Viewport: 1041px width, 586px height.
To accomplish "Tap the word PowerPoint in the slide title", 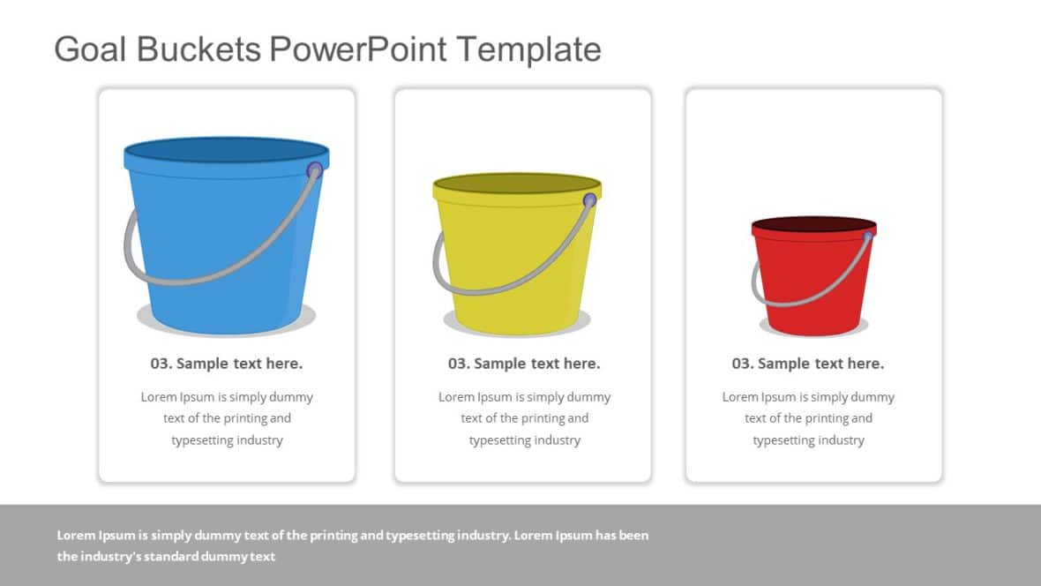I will (x=358, y=49).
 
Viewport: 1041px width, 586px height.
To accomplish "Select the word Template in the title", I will (x=528, y=49).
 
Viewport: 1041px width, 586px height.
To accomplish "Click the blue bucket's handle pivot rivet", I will (x=315, y=170).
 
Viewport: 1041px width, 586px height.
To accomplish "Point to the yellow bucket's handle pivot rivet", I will (x=589, y=200).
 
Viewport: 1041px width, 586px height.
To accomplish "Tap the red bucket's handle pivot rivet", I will (x=867, y=237).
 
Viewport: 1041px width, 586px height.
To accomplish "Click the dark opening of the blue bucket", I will (x=226, y=150).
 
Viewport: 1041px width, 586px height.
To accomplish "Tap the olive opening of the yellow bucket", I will (x=517, y=184).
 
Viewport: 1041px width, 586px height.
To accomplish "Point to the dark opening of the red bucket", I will (x=813, y=224).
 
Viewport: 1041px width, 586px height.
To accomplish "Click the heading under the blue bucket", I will (x=227, y=364).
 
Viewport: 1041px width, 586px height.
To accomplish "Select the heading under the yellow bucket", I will (x=524, y=364).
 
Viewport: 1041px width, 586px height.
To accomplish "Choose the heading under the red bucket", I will (x=808, y=364).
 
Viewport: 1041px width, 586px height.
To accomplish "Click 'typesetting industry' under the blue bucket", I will (x=227, y=440).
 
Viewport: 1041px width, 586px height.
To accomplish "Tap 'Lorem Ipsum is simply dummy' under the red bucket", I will (x=808, y=397).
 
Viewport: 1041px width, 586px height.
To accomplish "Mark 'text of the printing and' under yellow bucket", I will (x=524, y=418).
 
